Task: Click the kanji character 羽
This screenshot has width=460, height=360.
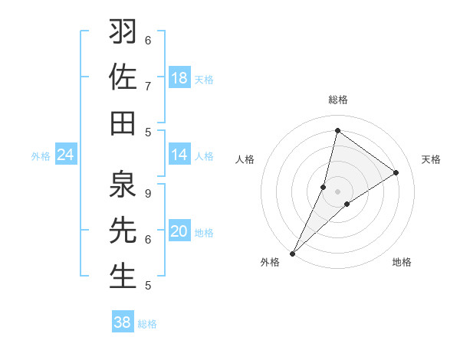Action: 123,33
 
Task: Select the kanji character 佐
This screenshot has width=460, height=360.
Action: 123,77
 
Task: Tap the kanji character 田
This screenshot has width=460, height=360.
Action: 123,123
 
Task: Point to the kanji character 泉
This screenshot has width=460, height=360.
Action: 123,185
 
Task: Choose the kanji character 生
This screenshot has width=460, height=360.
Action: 123,276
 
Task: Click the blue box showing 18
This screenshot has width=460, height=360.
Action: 179,78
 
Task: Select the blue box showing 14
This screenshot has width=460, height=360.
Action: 179,155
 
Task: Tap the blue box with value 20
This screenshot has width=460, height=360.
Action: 179,231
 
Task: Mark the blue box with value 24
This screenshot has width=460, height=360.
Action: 66,155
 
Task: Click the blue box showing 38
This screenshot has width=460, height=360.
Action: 123,322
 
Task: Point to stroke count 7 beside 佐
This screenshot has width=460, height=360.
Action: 149,85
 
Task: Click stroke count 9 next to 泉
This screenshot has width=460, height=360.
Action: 149,193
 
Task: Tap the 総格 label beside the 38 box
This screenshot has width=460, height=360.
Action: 148,324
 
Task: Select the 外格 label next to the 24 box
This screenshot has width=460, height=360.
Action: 41,156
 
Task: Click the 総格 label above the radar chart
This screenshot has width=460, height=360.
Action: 337,100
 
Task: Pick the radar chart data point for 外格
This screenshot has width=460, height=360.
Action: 292,254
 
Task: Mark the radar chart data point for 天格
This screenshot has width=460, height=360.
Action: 396,173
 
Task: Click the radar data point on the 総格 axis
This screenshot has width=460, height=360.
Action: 337,130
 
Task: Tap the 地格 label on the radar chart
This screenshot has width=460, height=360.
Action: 402,262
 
